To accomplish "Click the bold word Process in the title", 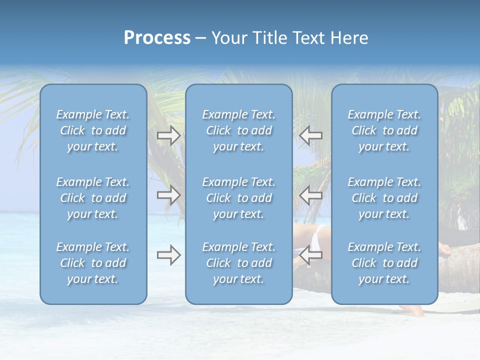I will (x=157, y=38).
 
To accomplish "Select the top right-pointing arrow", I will (x=169, y=135).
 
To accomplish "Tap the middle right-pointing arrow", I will (x=169, y=195).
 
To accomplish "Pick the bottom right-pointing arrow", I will (x=169, y=255).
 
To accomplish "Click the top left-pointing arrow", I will (x=311, y=135).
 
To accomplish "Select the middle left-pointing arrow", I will (x=311, y=195).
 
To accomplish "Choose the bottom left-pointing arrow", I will (x=311, y=255).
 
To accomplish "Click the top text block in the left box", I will (x=93, y=130).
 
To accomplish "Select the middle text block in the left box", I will (x=93, y=198).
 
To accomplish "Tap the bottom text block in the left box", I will (x=93, y=263).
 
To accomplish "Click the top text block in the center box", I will (x=239, y=130).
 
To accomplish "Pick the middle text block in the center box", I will (x=239, y=198).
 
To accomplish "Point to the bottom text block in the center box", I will (x=239, y=263).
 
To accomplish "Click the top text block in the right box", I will (x=384, y=130).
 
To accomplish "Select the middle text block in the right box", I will (x=384, y=198).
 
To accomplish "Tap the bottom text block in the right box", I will (x=384, y=263).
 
